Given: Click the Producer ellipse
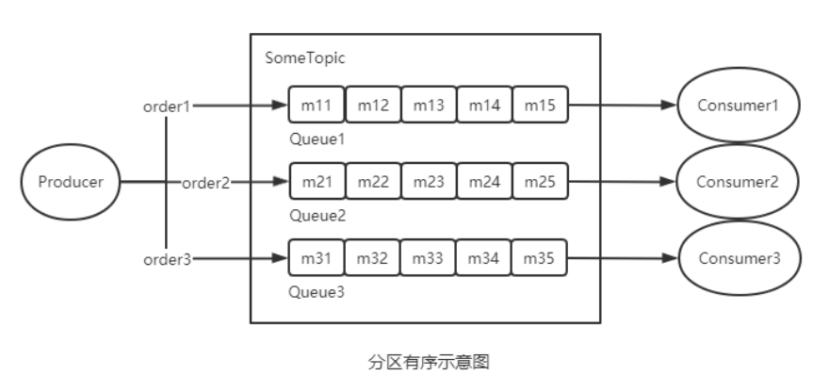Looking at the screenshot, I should click(x=69, y=182).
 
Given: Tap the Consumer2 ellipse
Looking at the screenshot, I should click(x=738, y=182).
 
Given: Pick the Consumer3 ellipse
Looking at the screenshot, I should click(x=738, y=257).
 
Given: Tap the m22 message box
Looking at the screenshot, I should click(x=373, y=182).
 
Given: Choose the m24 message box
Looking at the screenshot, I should click(x=484, y=182).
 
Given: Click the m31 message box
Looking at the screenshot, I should click(x=317, y=257).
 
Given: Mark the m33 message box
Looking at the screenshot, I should click(x=429, y=257).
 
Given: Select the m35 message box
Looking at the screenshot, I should click(x=541, y=257).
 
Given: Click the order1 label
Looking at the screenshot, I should click(x=166, y=106).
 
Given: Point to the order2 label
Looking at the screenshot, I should click(x=205, y=182).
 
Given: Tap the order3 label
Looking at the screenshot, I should click(x=166, y=258).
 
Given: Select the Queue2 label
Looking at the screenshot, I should click(x=317, y=215).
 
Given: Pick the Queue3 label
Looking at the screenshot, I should click(x=317, y=291).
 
